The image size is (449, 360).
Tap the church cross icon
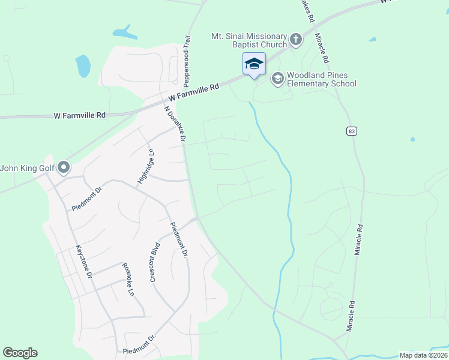(295, 40)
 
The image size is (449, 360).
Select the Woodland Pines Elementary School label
(321, 79)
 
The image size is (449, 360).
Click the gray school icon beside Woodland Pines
(277, 79)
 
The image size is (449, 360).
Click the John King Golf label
(28, 168)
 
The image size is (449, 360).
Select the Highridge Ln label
(145, 167)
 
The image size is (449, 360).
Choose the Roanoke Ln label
(127, 280)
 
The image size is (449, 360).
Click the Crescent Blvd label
(155, 262)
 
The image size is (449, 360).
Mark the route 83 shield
(351, 131)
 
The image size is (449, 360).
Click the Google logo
(20, 353)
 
